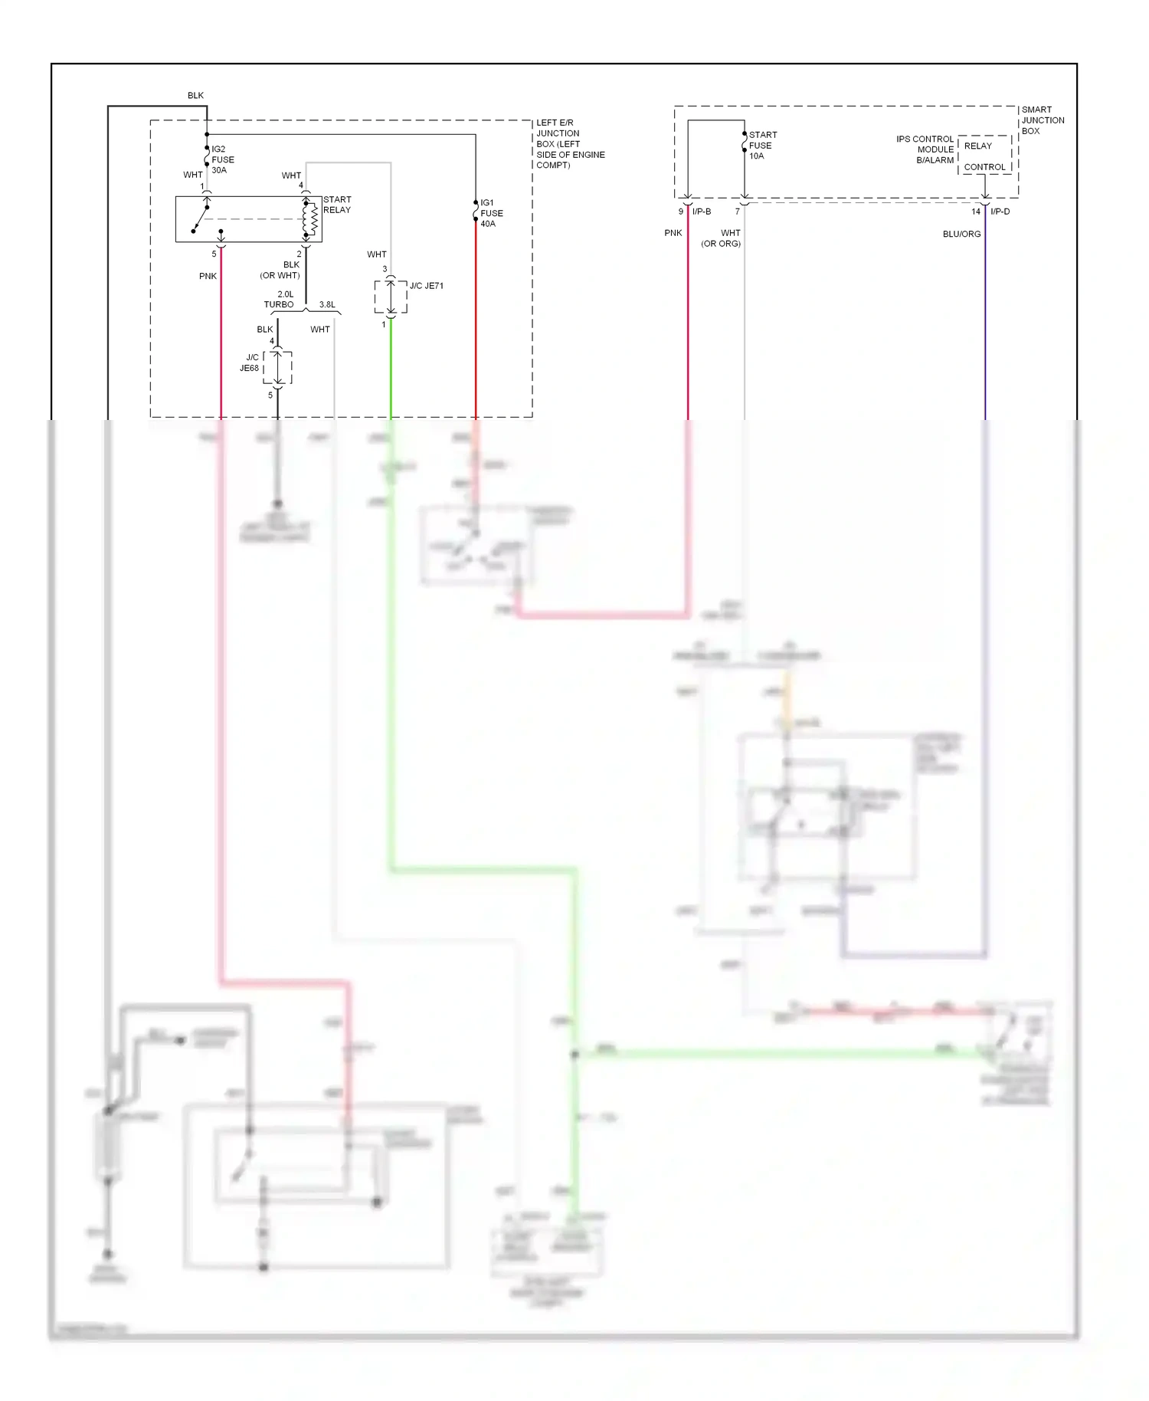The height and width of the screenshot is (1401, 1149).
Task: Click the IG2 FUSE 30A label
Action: (222, 159)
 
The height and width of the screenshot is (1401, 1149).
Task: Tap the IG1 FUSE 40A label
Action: (491, 213)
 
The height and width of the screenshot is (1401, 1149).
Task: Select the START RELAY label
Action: (337, 205)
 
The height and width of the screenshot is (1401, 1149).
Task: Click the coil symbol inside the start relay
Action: (313, 219)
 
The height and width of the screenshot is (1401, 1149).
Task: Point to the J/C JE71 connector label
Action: (426, 286)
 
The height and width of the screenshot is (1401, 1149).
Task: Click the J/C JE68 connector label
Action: (250, 363)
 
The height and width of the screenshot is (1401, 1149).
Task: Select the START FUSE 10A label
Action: (762, 145)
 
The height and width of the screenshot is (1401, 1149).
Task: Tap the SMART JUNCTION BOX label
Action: (1042, 120)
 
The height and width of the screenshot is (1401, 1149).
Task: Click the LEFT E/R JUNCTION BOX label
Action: (569, 143)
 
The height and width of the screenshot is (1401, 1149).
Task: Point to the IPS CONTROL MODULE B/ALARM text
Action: (925, 149)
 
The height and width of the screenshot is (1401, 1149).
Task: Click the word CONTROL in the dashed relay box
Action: (984, 167)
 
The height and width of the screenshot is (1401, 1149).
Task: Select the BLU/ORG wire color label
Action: (961, 234)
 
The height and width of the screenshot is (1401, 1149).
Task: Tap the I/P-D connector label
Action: (1000, 212)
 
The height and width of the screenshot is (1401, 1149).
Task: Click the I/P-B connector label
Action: (702, 212)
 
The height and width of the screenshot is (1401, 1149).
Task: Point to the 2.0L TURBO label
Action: (280, 300)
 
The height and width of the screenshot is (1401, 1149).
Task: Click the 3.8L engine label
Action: (327, 304)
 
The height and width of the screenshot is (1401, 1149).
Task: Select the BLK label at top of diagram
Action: (195, 96)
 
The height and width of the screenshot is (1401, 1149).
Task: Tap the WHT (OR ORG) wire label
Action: (722, 238)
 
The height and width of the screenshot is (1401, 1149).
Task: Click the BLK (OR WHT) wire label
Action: (281, 270)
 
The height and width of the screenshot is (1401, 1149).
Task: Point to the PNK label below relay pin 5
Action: (208, 276)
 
